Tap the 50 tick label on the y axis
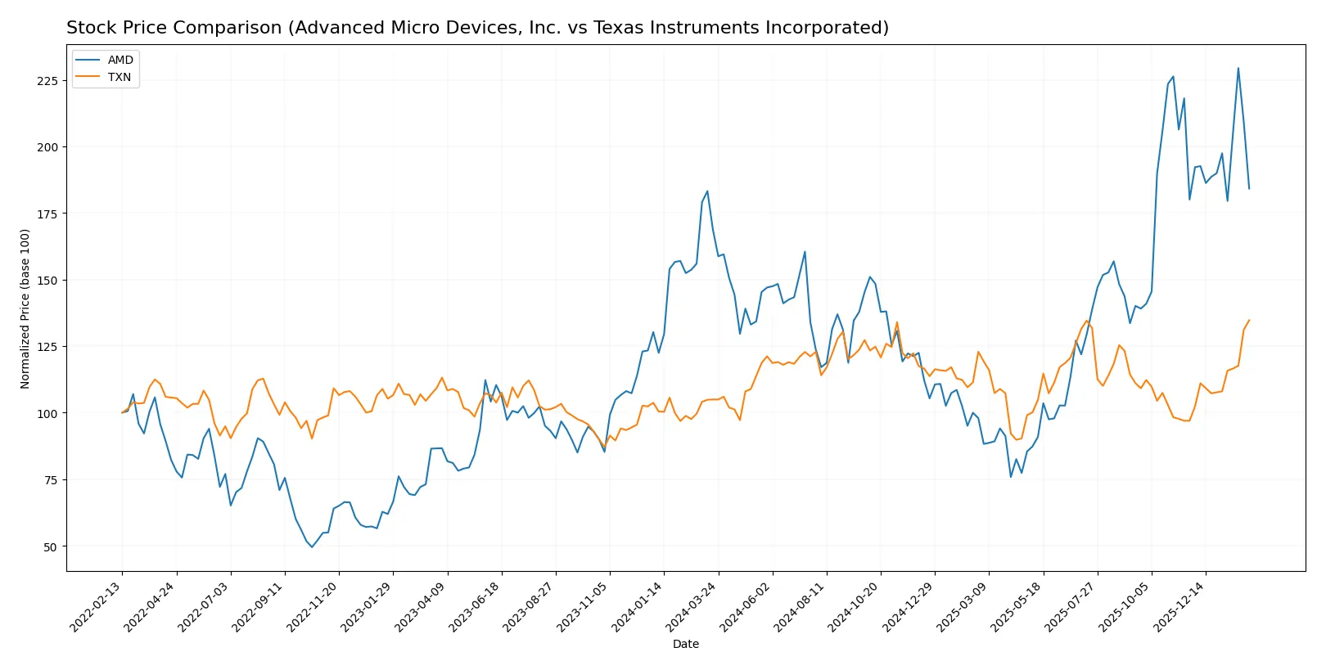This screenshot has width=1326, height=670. point(50,546)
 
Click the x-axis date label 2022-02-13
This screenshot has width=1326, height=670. point(97,606)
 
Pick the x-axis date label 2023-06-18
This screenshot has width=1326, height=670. point(476,606)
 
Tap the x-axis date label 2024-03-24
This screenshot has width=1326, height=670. point(692,606)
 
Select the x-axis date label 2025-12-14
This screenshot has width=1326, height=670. point(1180,606)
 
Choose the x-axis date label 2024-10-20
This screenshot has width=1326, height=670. point(855,606)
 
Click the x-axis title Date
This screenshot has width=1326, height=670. point(686,644)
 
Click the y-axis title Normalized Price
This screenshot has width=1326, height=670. point(25,308)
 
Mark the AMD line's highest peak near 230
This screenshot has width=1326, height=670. point(1238,68)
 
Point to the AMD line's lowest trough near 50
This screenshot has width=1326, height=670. point(312,546)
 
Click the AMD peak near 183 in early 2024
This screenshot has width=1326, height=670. point(707,191)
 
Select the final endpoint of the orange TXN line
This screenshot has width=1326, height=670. point(1249,320)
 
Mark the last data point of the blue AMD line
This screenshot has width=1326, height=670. point(1249,189)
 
